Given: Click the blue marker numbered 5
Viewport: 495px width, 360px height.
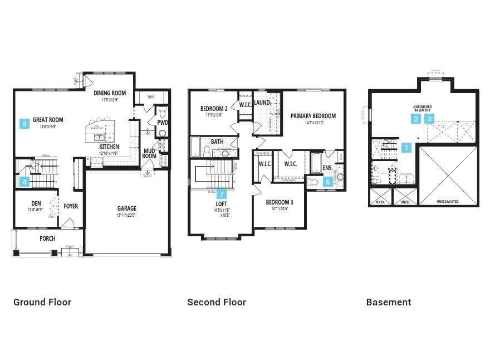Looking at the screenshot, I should click(24, 124).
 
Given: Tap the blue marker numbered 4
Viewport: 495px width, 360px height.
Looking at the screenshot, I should click(24, 182).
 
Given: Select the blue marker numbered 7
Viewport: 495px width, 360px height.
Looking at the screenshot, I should click(222, 194).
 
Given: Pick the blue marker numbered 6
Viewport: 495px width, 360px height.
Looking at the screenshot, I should click(328, 182).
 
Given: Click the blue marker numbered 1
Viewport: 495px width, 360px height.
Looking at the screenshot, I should click(406, 148).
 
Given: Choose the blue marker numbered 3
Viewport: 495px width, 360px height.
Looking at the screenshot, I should click(430, 119).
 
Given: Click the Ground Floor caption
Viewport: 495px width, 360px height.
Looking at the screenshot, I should click(42, 302).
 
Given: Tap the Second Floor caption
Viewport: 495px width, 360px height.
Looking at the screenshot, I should click(217, 302).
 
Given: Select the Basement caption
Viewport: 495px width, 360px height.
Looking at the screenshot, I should click(389, 302).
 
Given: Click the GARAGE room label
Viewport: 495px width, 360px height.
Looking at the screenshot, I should click(126, 209).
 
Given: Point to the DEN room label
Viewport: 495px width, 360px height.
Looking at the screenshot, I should click(36, 203).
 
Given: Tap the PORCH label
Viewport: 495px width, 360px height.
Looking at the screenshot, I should click(47, 239).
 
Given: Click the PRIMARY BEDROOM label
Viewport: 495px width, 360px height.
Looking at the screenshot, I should click(313, 116).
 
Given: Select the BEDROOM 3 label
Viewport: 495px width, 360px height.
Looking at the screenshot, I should click(280, 202).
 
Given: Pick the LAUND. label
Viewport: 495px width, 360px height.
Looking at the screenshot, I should click(262, 103).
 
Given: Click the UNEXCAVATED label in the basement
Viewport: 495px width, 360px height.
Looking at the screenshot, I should click(448, 202).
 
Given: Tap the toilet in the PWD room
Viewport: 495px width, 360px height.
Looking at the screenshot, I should click(163, 133).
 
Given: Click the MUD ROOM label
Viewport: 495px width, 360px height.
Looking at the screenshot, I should click(149, 153).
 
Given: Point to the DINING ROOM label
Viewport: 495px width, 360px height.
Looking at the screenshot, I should click(110, 93).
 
